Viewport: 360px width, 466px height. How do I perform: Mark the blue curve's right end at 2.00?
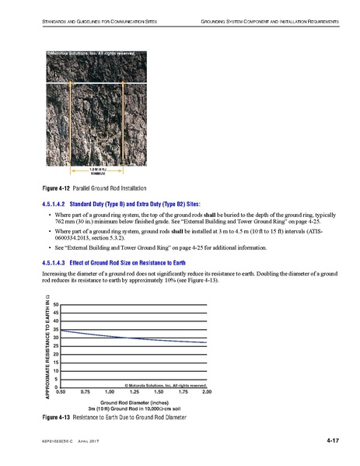[208, 342]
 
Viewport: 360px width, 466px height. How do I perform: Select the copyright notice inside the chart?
[164, 384]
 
